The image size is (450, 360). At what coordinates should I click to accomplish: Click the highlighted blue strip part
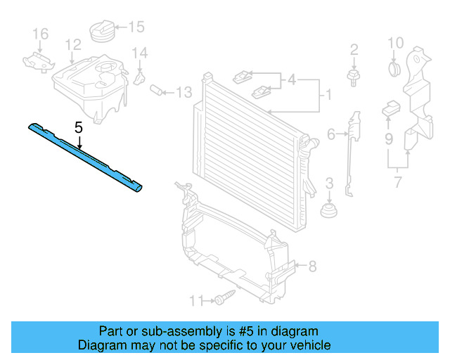[x=84, y=156]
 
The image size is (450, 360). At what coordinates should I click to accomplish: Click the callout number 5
[x=79, y=128]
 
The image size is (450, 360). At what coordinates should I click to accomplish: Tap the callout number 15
[x=136, y=27]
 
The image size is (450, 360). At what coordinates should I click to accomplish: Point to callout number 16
[x=40, y=34]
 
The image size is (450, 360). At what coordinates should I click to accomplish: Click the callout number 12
[x=73, y=45]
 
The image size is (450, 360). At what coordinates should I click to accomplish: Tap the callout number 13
[x=184, y=92]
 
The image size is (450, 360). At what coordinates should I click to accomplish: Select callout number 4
[x=292, y=80]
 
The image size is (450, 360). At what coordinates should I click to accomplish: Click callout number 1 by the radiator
[x=325, y=93]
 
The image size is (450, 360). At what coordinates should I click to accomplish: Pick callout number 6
[x=330, y=133]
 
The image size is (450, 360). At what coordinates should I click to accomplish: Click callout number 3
[x=328, y=185]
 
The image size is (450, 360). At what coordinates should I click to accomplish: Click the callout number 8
[x=313, y=266]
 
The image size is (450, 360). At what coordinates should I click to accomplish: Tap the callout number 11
[x=195, y=301]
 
